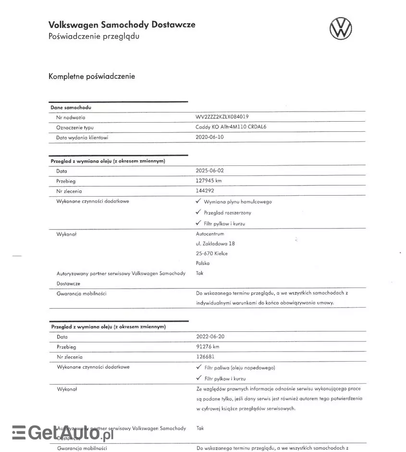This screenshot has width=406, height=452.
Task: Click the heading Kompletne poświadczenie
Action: coord(92,76)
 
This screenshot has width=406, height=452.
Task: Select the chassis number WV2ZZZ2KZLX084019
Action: coord(222,117)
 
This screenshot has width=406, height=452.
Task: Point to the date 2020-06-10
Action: coord(209,137)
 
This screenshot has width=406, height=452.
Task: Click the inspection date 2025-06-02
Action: coord(209,171)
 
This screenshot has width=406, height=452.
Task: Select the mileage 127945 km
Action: coord(209,181)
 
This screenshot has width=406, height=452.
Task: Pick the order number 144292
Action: coord(205,191)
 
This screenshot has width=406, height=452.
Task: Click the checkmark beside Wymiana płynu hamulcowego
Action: coord(198,201)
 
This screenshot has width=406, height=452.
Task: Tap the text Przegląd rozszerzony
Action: coord(227,213)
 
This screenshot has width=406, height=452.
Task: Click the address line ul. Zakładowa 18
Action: coord(215,244)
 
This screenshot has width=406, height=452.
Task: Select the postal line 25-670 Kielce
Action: coord(212,253)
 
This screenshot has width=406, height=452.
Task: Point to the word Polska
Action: coord(203,263)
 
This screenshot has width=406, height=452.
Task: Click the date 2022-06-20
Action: coord(210,337)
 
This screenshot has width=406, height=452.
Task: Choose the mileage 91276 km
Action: coord(208,347)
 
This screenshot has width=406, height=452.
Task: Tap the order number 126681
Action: coord(205,357)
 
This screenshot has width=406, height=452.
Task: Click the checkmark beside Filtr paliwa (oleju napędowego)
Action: coord(198,367)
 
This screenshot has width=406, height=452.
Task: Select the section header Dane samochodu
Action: coord(71,108)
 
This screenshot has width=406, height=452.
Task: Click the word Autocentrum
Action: coord(210,234)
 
